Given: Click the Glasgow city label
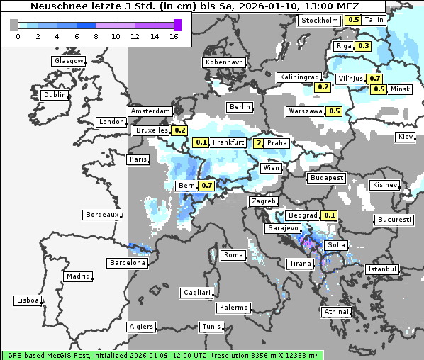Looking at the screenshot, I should pyautogui.click(x=69, y=61).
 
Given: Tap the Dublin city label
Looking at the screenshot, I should pyautogui.click(x=55, y=95).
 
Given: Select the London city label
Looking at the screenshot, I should pyautogui.click(x=111, y=122).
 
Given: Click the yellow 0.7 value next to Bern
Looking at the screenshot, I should pyautogui.click(x=206, y=186).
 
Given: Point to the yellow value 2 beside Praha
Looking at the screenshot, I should pyautogui.click(x=259, y=143).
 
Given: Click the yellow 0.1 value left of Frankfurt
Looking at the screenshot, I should pyautogui.click(x=201, y=143).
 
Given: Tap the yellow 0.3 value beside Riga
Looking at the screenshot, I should pyautogui.click(x=364, y=46).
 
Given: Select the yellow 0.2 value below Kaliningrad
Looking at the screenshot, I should pyautogui.click(x=323, y=86).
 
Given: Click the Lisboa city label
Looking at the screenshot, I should pyautogui.click(x=28, y=300).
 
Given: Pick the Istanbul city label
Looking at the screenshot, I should pyautogui.click(x=382, y=270).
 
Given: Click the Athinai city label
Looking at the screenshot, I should pyautogui.click(x=336, y=312).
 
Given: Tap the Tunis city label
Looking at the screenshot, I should pyautogui.click(x=211, y=327).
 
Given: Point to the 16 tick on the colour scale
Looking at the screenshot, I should pyautogui.click(x=174, y=36).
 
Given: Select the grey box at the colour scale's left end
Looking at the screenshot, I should pyautogui.click(x=14, y=25).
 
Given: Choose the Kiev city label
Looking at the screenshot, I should pyautogui.click(x=405, y=136).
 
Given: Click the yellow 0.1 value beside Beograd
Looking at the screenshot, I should pyautogui.click(x=329, y=215).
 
